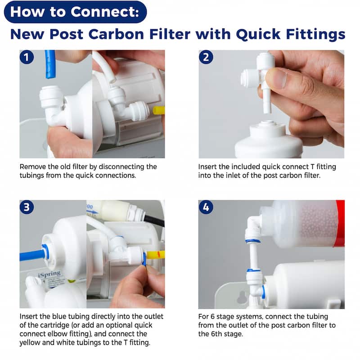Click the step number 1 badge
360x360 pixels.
pos(27,57)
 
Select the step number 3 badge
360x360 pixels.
pos(27,207)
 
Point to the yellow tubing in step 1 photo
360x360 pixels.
pos(159,110)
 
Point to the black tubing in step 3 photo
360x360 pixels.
pos(154,221)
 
